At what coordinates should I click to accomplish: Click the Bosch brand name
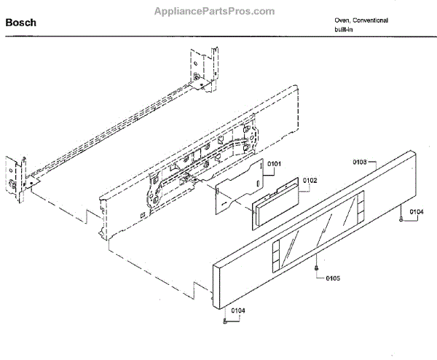pyautogui.click(x=21, y=23)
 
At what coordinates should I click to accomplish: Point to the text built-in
pyautogui.click(x=336, y=30)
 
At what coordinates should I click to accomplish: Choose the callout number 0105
pyautogui.click(x=333, y=277)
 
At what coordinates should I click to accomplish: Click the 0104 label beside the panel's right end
pyautogui.click(x=416, y=211)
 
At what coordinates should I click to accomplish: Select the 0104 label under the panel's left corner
pyautogui.click(x=239, y=310)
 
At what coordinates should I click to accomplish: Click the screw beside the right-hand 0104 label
pyautogui.click(x=401, y=217)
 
